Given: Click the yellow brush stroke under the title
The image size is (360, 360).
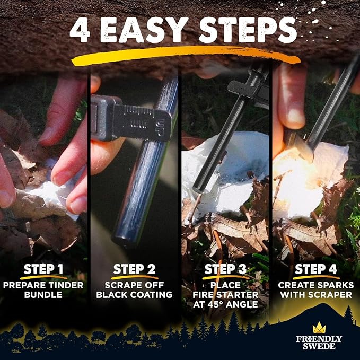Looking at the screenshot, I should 180,55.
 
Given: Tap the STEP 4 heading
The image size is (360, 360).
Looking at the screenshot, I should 317,269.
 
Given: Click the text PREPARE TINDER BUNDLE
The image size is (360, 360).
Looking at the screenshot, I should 45,289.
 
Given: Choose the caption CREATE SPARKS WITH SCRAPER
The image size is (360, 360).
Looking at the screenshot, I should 317,289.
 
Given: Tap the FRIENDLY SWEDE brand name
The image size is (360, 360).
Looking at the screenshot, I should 319,343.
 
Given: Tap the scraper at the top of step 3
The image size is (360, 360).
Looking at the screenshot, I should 249,87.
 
